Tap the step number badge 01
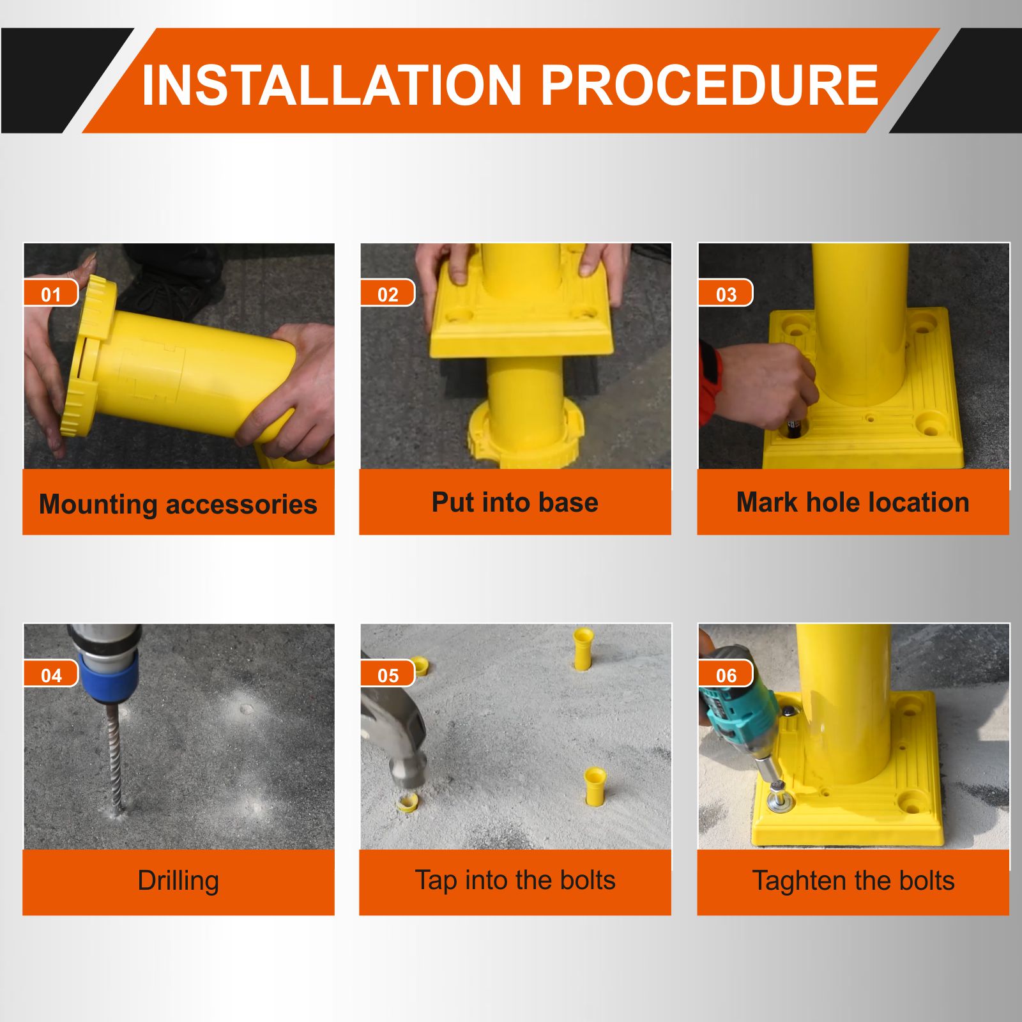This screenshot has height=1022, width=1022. [51, 293]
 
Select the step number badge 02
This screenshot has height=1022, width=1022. [388, 293]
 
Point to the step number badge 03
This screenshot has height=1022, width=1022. [726, 293]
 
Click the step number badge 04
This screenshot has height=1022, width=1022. [51, 674]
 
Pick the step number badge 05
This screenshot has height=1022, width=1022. [388, 674]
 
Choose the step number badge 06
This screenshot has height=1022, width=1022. [726, 674]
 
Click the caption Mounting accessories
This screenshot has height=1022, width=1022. [178, 504]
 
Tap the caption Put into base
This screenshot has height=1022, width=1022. [515, 502]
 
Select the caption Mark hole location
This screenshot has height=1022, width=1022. [853, 502]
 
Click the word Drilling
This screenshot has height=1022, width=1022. [178, 881]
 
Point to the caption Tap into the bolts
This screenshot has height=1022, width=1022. [515, 880]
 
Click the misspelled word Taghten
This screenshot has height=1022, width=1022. [798, 881]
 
